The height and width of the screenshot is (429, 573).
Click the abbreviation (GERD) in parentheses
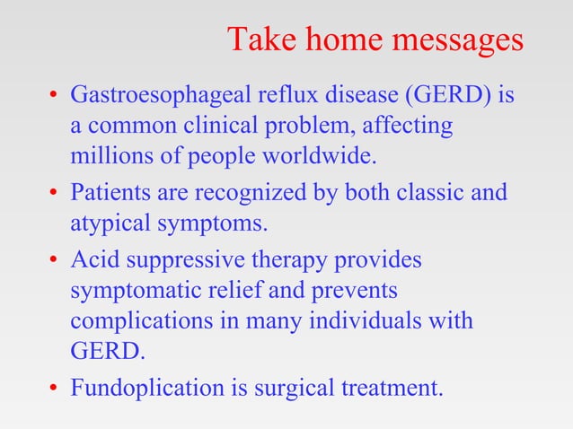449,94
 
